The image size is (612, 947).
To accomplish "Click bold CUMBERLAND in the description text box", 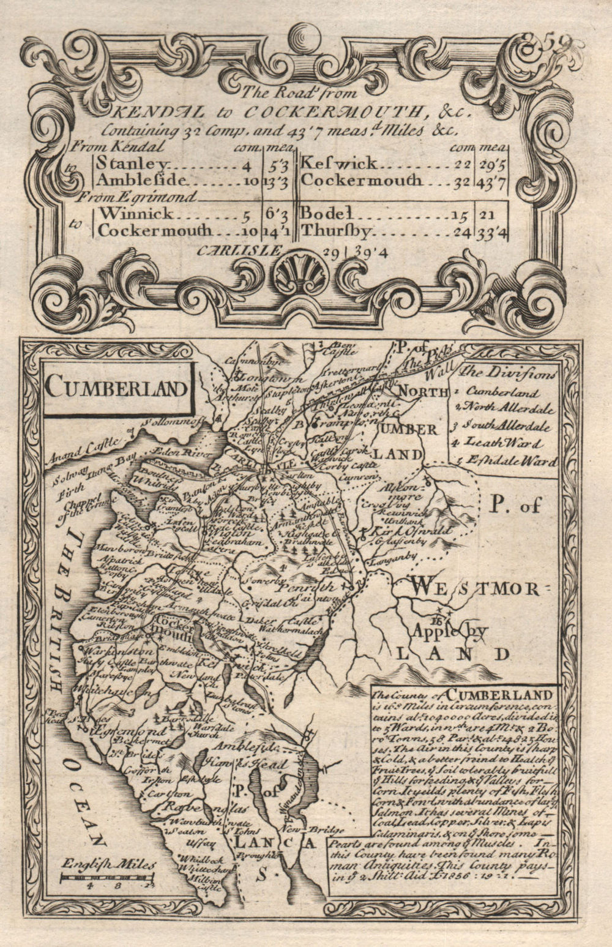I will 499,694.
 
